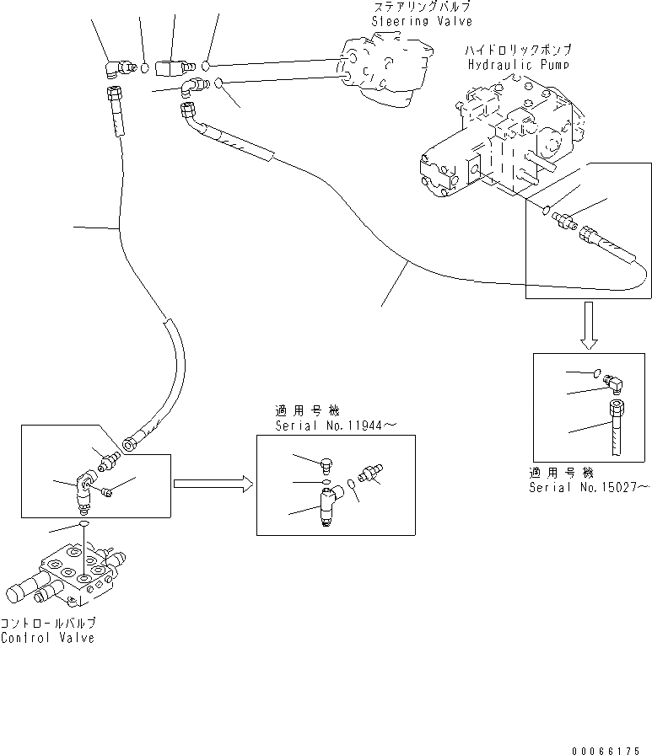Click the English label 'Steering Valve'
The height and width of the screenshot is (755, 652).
(423, 21)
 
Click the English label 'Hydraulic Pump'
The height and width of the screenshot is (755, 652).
(517, 64)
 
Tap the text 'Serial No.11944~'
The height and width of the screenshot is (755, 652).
(335, 426)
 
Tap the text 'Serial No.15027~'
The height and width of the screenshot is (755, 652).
(590, 487)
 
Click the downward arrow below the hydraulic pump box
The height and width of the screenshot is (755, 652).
(590, 328)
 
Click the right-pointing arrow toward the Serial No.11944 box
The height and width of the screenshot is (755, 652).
(212, 484)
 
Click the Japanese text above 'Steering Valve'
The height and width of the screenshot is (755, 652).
(421, 8)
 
